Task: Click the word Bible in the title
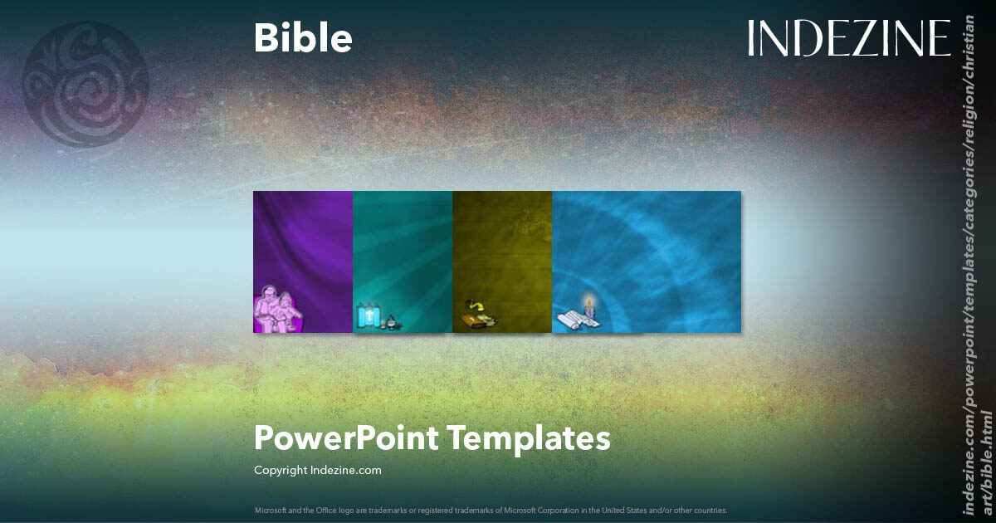point(303,38)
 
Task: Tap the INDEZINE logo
point(848,38)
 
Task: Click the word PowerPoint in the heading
point(347,438)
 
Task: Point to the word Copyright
point(281,471)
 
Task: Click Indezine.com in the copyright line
point(346,471)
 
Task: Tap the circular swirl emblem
point(86,86)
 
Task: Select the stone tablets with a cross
point(368,316)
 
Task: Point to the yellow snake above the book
point(478,301)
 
